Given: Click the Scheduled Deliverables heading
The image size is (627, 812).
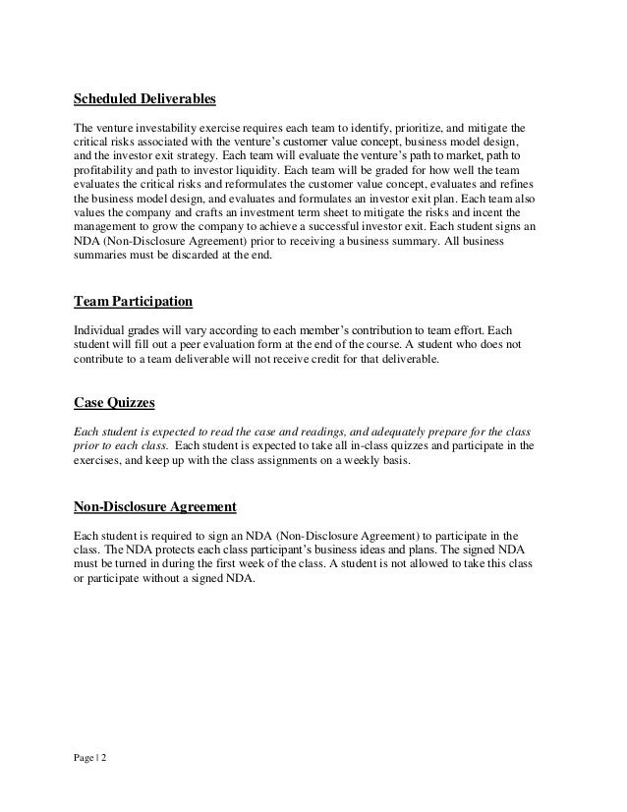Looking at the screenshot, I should click(x=144, y=99).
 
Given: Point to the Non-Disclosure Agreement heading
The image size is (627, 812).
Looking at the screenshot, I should click(x=155, y=507).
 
